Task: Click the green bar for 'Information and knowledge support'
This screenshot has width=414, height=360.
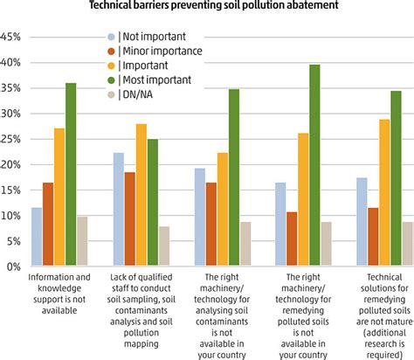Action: (71, 175)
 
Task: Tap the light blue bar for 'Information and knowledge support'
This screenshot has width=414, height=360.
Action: (37, 237)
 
